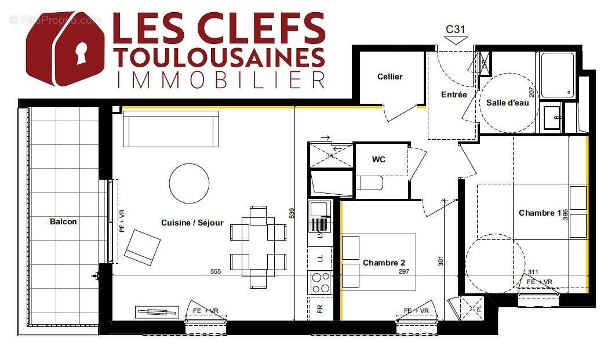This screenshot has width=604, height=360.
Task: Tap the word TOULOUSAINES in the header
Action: click(219, 58)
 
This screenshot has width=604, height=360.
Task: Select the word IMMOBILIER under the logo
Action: click(220, 80)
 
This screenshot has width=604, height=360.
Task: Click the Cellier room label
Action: click(390, 77)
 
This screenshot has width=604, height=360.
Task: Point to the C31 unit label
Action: click(456, 29)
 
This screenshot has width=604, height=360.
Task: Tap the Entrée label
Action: click(454, 94)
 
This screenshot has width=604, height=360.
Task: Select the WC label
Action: click(379, 159)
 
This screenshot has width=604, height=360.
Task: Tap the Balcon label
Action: click(63, 221)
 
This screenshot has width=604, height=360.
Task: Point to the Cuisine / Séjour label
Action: click(192, 223)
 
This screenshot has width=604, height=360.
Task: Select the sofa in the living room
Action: click(170, 129)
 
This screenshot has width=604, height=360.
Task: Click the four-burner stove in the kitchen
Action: click(321, 283)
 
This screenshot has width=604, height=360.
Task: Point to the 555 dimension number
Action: click(216, 271)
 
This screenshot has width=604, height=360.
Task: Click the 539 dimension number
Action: click(292, 213)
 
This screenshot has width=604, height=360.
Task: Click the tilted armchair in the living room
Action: click(143, 246)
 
